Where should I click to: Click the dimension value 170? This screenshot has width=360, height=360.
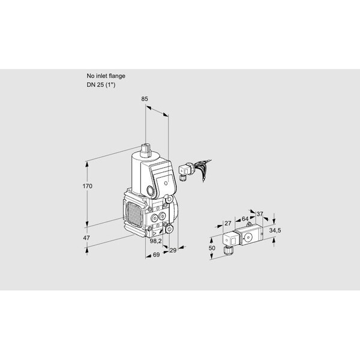pyautogui.click(x=88, y=186)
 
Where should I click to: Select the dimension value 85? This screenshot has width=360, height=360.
pyautogui.click(x=145, y=99)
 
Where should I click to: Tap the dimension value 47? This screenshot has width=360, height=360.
pyautogui.click(x=86, y=238)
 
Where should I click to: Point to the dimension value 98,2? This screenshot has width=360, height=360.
pyautogui.click(x=155, y=241)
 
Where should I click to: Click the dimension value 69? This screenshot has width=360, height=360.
pyautogui.click(x=156, y=254)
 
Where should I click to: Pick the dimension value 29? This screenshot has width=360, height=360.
pyautogui.click(x=173, y=250)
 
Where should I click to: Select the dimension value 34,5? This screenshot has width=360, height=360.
pyautogui.click(x=275, y=230)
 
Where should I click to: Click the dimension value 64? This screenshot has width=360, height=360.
pyautogui.click(x=245, y=219)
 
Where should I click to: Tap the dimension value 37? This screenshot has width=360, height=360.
pyautogui.click(x=259, y=214)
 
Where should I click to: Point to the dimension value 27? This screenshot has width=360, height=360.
pyautogui.click(x=228, y=223)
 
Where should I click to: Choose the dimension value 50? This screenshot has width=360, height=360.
pyautogui.click(x=212, y=248)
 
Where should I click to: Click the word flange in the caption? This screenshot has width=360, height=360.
pyautogui.click(x=116, y=76)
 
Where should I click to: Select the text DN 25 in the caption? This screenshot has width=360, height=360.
pyautogui.click(x=95, y=85)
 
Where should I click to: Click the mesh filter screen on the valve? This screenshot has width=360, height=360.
pyautogui.click(x=134, y=213)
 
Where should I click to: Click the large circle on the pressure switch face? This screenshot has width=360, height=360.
pyautogui.click(x=248, y=238)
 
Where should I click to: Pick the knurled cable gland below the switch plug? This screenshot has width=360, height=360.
pyautogui.click(x=228, y=250)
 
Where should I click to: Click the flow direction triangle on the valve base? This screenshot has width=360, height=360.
pyautogui.click(x=155, y=234)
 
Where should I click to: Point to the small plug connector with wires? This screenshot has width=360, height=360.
pyautogui.click(x=185, y=171)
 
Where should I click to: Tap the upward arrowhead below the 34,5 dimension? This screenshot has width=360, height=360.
pyautogui.click(x=274, y=240)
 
